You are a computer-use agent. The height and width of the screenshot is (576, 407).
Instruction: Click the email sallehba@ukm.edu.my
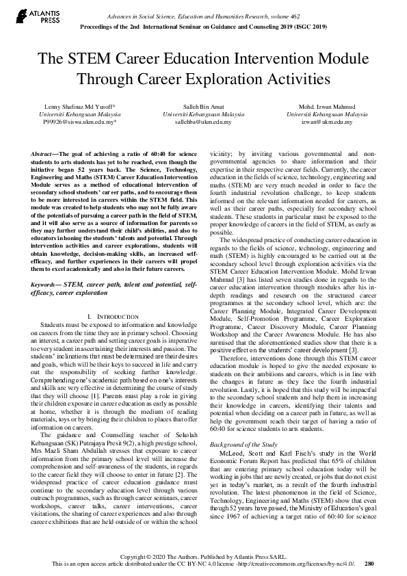[x=203, y=122]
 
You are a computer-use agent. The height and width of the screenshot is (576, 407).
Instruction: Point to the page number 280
[x=369, y=564]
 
